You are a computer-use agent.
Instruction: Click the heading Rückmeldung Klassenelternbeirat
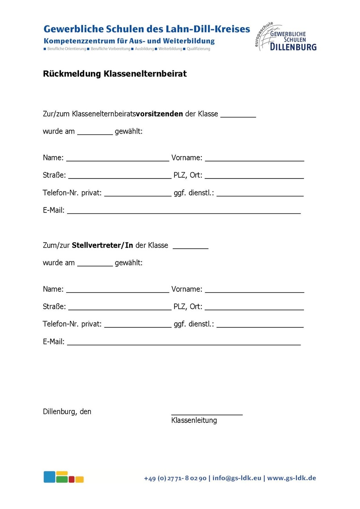[x=115, y=74]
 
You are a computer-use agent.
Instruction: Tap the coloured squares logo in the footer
[x=63, y=477]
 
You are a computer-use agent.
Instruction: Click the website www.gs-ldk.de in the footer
[x=291, y=478]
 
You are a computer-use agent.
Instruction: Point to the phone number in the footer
[x=175, y=478]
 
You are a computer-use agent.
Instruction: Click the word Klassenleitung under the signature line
[x=194, y=420]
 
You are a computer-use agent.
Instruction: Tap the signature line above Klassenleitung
[x=207, y=413]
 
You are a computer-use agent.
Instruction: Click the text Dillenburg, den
[x=67, y=411]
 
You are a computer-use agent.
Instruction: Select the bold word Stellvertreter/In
[x=102, y=245]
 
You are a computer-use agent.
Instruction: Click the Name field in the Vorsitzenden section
[x=118, y=159]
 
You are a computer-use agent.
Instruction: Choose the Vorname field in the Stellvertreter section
[x=254, y=290]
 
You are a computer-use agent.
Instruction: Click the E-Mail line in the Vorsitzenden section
[x=184, y=211]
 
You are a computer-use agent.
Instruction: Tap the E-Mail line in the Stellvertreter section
[x=184, y=342]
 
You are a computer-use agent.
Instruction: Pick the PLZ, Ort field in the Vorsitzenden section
[x=254, y=176]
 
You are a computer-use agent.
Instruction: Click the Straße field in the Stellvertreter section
[x=119, y=308]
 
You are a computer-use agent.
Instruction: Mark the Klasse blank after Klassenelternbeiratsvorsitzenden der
[x=238, y=115]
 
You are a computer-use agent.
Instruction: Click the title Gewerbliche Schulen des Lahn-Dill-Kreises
[x=147, y=29]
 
